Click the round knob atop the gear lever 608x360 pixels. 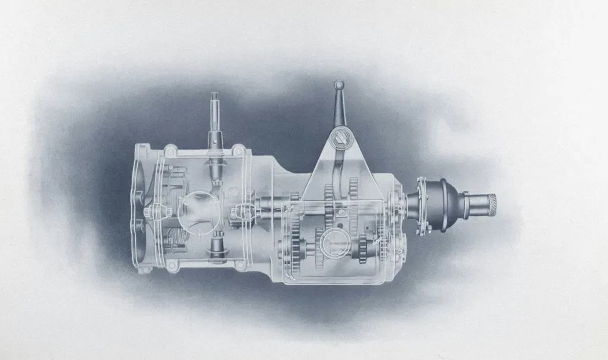tap(338, 85)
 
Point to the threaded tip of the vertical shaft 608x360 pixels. tap(215, 98)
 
